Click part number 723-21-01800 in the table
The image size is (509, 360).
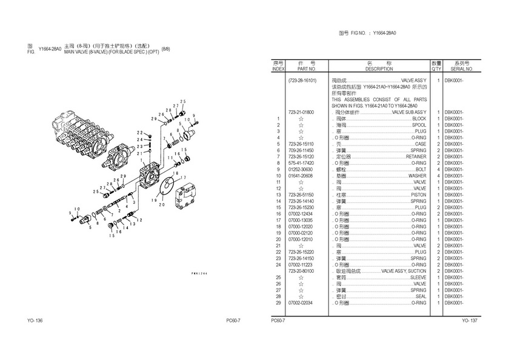301,112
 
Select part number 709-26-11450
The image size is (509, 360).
301,150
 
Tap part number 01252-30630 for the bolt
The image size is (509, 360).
301,169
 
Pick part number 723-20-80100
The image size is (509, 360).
301,271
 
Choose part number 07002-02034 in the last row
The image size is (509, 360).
301,302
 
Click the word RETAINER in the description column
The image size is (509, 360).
416,156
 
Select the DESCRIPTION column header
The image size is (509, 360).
379,69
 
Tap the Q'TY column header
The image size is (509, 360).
436,69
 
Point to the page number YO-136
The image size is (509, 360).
35,320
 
